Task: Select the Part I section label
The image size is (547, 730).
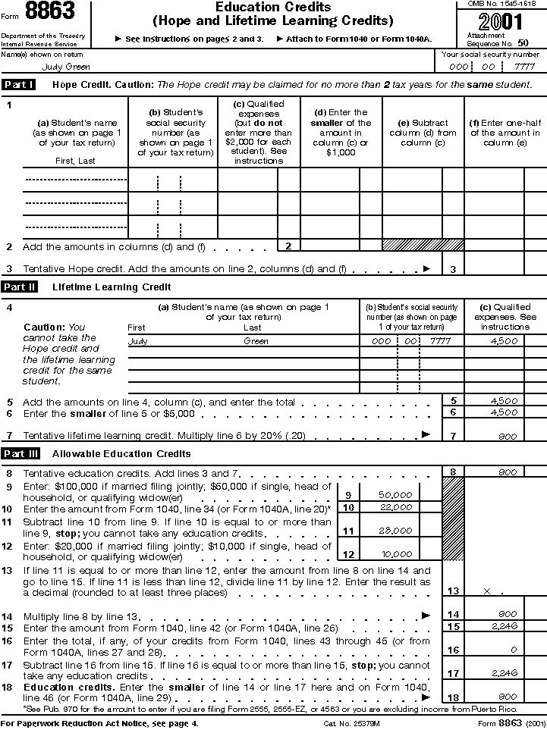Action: tap(19, 85)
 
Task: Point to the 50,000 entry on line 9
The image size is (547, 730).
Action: tap(395, 494)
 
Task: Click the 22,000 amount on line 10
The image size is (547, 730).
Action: tap(395, 507)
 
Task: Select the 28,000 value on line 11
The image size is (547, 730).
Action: tap(395, 531)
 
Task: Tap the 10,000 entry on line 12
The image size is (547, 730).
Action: tap(395, 554)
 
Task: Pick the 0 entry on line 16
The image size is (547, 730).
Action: tap(514, 650)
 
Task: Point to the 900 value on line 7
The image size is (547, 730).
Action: tap(508, 437)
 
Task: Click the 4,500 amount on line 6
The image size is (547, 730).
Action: tap(505, 412)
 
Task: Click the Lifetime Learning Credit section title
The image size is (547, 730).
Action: tap(112, 287)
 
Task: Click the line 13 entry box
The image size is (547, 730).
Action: tap(493, 590)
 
